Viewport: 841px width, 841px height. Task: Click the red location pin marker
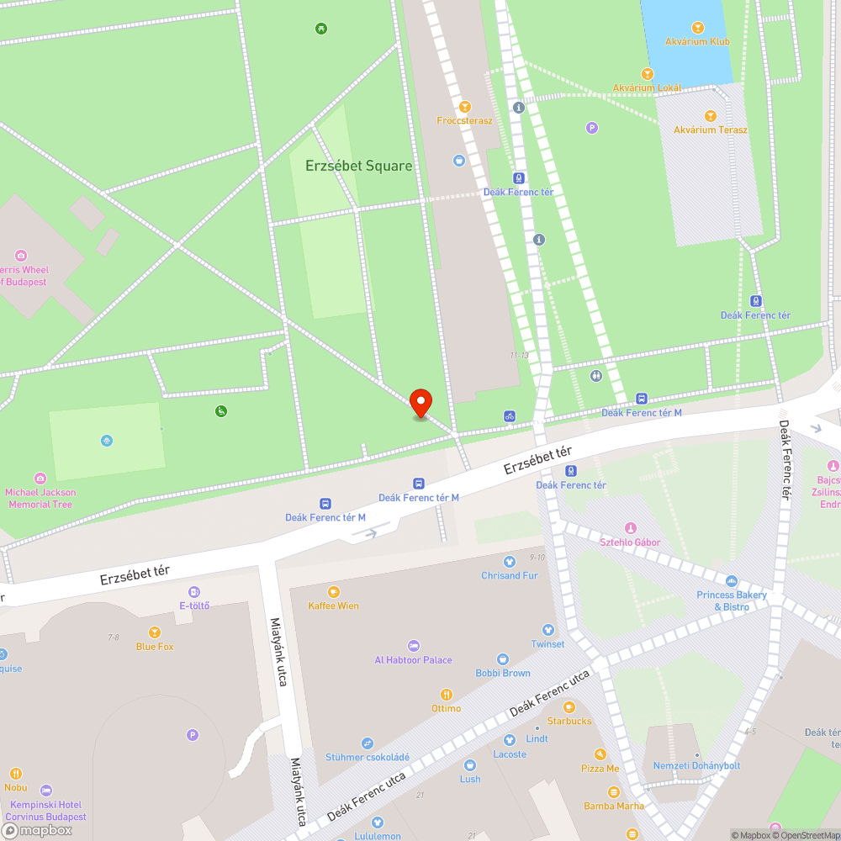pos(420,403)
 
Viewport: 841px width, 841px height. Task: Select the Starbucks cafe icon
pos(569,707)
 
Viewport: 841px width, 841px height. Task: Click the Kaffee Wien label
pos(333,606)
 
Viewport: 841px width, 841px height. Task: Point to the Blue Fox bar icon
pos(155,632)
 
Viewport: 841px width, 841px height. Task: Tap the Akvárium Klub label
pos(696,41)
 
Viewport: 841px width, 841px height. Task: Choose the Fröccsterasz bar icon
pos(465,107)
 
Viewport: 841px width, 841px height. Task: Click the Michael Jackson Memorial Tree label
pos(40,499)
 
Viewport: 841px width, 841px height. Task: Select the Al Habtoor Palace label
pos(413,660)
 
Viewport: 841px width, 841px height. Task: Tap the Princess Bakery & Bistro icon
pos(732,581)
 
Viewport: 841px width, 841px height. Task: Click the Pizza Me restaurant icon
pos(600,754)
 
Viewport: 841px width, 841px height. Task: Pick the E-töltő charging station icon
pos(194,592)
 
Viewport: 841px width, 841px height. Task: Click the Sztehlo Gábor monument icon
pos(630,528)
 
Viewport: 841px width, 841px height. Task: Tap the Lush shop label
pos(470,779)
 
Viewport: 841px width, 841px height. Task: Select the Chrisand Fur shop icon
pos(509,562)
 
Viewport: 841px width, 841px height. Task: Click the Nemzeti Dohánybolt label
pos(696,766)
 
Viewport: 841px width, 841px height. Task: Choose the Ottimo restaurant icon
pos(447,695)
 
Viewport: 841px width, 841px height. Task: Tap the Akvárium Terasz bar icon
pos(710,116)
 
